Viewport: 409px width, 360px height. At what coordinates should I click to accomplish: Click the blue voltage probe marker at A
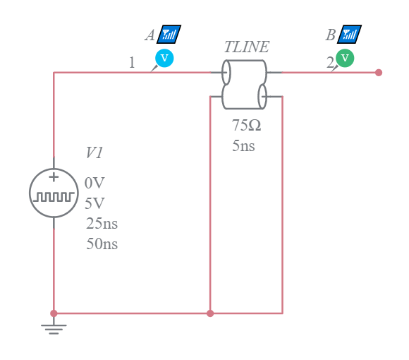164,58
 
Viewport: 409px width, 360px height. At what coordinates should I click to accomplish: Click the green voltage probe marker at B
345,58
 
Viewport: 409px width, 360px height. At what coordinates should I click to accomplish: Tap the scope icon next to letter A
170,34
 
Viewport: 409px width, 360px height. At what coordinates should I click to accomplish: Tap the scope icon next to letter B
350,34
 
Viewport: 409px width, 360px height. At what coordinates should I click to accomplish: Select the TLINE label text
246,47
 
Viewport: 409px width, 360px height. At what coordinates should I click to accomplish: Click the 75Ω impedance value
246,126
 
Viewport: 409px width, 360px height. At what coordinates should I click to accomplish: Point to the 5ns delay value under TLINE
243,147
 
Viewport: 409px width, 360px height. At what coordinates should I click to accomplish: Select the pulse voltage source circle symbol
54,193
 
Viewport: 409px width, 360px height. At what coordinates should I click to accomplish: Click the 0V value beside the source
94,183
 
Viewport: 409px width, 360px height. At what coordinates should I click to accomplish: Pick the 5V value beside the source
94,203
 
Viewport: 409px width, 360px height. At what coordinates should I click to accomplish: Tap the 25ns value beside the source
102,224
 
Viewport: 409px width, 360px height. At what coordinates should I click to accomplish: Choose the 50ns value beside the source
102,245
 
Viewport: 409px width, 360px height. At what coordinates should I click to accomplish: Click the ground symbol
54,327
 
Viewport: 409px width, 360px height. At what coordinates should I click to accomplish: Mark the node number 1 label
131,63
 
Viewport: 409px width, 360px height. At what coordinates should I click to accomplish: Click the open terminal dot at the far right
379,72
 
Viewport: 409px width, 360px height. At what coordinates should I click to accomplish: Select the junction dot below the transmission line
210,313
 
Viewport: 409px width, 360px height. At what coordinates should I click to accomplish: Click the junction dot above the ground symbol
54,313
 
